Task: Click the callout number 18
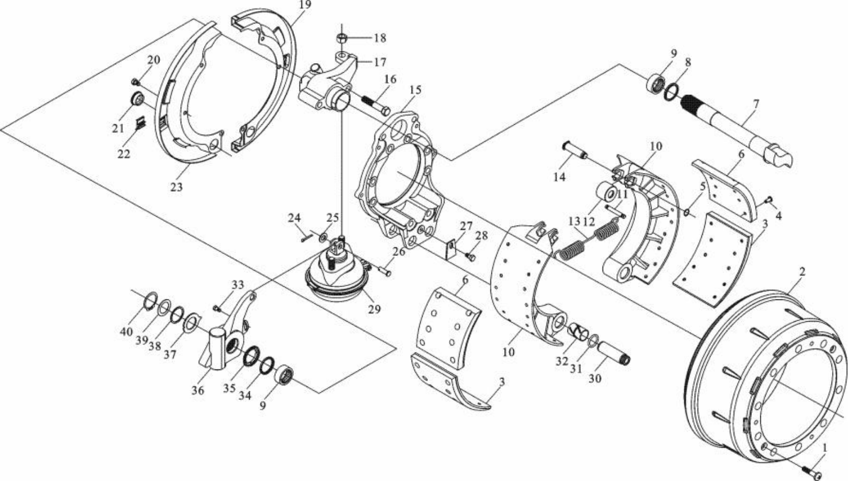point(380,38)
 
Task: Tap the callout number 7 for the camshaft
point(756,104)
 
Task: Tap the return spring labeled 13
point(590,241)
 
